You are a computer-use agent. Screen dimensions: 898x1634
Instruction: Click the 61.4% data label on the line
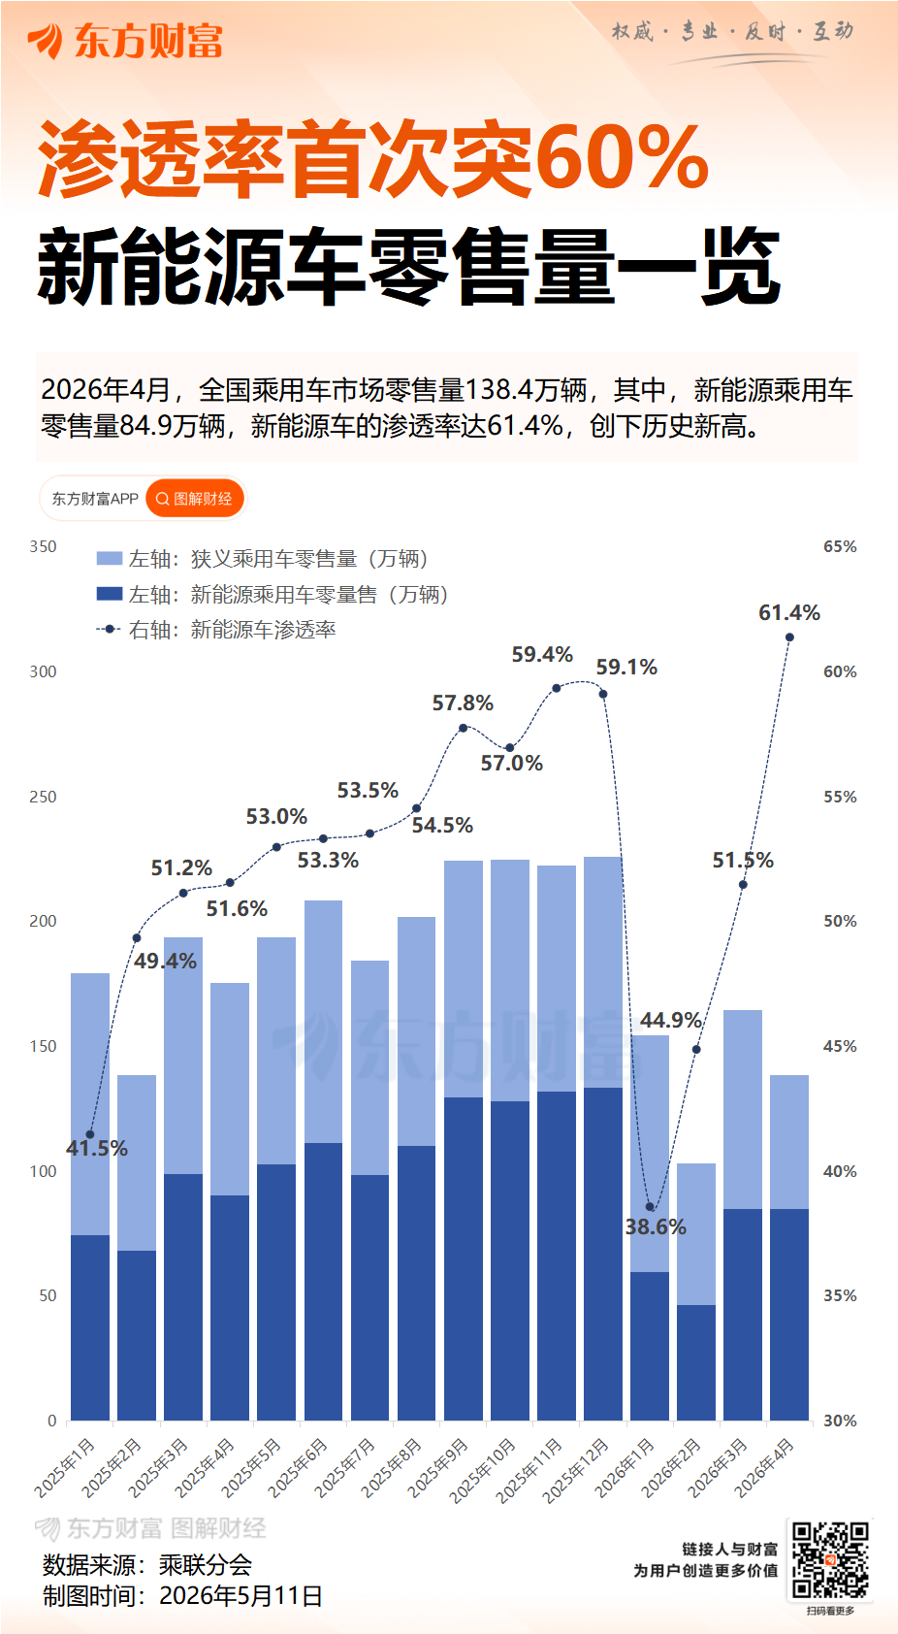pyautogui.click(x=789, y=613)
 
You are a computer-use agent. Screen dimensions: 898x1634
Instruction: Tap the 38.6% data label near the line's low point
pyautogui.click(x=656, y=1227)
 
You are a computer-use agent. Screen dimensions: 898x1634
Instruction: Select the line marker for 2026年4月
pyautogui.click(x=789, y=637)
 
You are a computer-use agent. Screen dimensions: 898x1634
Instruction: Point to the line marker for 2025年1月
pyautogui.click(x=90, y=1134)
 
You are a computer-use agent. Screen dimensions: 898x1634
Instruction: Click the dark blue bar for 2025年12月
pyautogui.click(x=603, y=1254)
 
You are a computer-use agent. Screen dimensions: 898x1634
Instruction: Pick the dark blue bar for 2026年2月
pyautogui.click(x=696, y=1362)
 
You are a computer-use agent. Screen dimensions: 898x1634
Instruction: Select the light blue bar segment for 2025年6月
pyautogui.click(x=324, y=1022)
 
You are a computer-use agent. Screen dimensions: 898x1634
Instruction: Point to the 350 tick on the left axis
pyautogui.click(x=43, y=547)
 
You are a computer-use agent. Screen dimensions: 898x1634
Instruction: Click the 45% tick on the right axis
pyautogui.click(x=840, y=1046)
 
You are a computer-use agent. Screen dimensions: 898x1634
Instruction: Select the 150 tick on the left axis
pyautogui.click(x=43, y=1046)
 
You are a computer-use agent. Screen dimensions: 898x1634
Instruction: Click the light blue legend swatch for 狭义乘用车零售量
pyautogui.click(x=110, y=559)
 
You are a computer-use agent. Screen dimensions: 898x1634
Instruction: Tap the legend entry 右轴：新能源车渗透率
pyautogui.click(x=215, y=630)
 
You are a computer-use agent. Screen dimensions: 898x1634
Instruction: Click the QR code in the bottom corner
pyautogui.click(x=829, y=1560)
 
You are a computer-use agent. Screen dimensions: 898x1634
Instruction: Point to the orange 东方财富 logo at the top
pyautogui.click(x=125, y=40)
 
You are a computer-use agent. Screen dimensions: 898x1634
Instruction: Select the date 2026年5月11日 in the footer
pyautogui.click(x=241, y=1596)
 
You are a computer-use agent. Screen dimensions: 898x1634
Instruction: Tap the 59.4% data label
pyautogui.click(x=542, y=654)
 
